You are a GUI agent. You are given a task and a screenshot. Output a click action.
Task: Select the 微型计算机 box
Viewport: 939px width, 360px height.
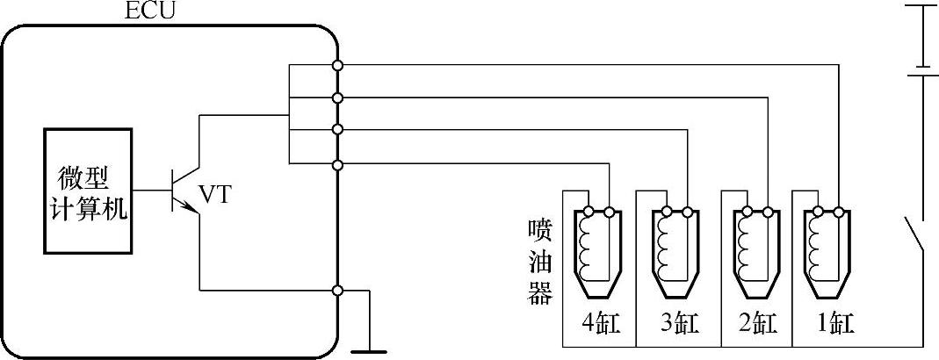point(88,192)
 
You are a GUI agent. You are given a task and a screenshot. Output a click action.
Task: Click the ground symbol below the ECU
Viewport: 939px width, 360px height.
point(368,349)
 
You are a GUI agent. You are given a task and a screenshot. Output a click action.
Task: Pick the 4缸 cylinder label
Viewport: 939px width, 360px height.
point(601,324)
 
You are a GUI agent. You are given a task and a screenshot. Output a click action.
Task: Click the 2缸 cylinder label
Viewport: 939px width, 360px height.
point(755,324)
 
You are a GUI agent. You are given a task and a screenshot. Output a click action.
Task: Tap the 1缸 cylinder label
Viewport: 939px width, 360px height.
point(829,324)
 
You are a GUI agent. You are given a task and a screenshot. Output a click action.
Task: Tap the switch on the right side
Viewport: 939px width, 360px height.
point(914,235)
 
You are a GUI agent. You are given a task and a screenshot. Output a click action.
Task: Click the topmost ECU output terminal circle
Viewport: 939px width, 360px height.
point(338,65)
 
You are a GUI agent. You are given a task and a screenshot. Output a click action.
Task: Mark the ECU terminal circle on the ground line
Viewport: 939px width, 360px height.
point(338,291)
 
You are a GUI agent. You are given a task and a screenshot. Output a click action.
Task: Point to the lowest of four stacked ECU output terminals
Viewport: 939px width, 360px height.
point(338,164)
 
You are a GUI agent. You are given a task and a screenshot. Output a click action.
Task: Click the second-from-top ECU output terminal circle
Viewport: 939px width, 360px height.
point(338,97)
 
